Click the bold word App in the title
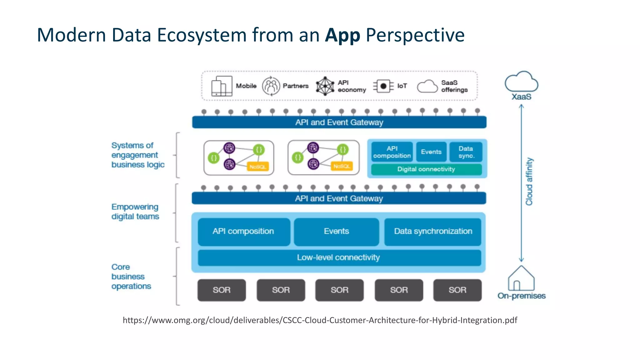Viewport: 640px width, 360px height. pos(342,35)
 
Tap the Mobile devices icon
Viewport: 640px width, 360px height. pos(222,86)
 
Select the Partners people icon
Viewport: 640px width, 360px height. pos(271,86)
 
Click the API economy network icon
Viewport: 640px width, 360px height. pos(325,86)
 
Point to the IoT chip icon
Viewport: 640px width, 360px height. pos(383,86)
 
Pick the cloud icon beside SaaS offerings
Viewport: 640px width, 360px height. pos(427,86)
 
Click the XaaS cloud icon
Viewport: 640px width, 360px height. pos(521,82)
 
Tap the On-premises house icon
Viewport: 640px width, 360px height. pos(521,278)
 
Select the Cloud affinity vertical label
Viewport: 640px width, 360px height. pos(529,182)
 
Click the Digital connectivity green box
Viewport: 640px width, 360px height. pos(426,169)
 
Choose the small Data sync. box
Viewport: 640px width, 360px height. pos(466,152)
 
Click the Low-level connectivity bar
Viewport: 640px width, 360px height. pos(339,257)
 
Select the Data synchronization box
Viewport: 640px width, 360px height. pos(433,232)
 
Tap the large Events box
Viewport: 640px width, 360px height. pos(336,232)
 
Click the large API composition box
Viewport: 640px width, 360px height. pos(243,232)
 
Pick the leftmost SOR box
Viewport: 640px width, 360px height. pos(222,290)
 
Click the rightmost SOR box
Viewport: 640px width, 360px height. pos(457,290)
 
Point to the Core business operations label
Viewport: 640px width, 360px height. pos(131,277)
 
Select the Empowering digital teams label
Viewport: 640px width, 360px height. pos(135,212)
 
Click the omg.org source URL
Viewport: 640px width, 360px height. pos(320,320)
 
